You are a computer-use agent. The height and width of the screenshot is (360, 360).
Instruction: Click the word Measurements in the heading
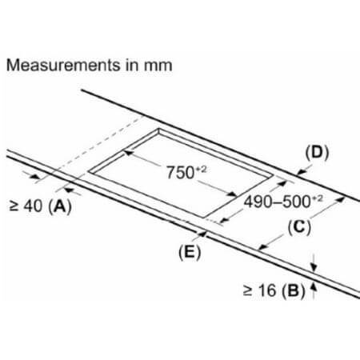[x=63, y=66]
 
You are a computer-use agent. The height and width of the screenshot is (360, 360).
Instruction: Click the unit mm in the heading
[x=158, y=66]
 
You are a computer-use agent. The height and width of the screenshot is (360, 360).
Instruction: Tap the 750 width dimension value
[x=180, y=173]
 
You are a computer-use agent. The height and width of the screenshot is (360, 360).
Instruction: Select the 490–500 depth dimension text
[x=278, y=202]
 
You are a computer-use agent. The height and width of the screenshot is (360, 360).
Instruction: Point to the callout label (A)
[x=60, y=206]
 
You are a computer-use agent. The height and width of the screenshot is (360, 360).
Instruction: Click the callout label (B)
[x=294, y=290]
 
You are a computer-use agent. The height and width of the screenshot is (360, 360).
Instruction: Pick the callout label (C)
[x=299, y=227]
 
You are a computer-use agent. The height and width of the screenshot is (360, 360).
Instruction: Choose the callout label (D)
[x=317, y=152]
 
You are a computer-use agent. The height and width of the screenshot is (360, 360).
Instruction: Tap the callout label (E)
[x=190, y=252]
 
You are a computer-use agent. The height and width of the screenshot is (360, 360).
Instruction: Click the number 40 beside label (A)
[x=33, y=206]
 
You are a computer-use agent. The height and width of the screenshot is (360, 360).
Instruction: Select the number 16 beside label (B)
[x=267, y=290]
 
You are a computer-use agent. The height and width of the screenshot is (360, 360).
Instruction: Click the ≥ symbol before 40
[x=14, y=206]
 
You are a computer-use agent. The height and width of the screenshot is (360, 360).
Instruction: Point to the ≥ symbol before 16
[x=247, y=290]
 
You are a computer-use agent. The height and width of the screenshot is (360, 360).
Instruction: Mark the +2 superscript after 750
[x=202, y=169]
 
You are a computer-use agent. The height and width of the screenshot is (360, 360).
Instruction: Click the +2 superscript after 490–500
[x=318, y=198]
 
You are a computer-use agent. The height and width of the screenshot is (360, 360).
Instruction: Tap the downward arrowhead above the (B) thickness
[x=314, y=268]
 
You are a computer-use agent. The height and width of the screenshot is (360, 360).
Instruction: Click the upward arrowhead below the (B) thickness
[x=314, y=287]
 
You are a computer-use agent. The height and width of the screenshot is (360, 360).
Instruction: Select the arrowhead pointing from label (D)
[x=301, y=172]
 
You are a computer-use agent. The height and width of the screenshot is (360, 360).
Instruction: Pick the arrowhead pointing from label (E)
[x=203, y=234]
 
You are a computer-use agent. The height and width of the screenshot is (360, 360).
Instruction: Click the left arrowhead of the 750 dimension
[x=129, y=153]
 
